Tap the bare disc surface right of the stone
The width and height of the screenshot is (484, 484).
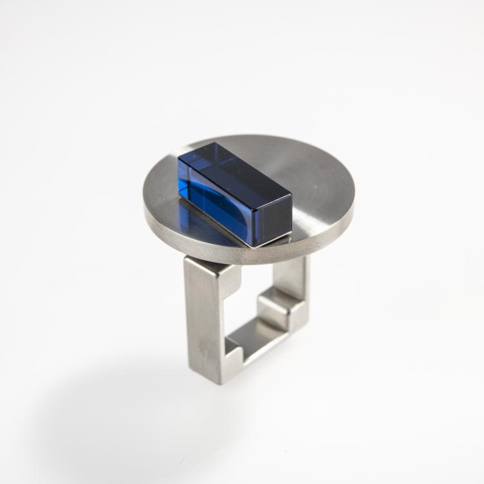pyautogui.click(x=316, y=194)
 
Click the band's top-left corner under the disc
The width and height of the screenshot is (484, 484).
pyautogui.click(x=191, y=261)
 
